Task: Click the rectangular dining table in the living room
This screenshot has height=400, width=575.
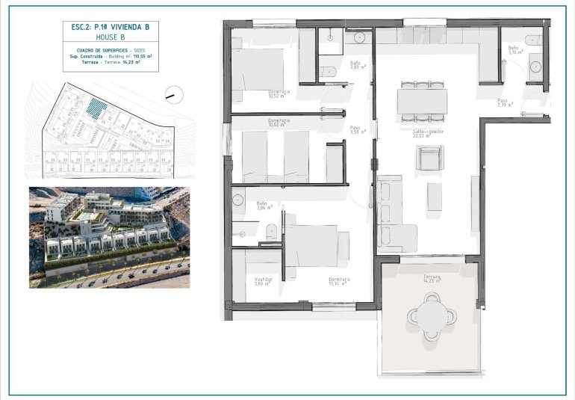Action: pyautogui.click(x=422, y=101)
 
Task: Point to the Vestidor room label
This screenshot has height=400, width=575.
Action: pyautogui.click(x=264, y=281)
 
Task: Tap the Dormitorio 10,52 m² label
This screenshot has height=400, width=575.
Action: pyautogui.click(x=279, y=94)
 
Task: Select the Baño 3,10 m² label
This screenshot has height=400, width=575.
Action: pyautogui.click(x=515, y=51)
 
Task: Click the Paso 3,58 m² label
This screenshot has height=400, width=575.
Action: pyautogui.click(x=356, y=130)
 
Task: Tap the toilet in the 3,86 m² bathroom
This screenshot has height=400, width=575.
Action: pyautogui.click(x=272, y=233)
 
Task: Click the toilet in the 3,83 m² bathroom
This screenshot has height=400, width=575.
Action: pyautogui.click(x=328, y=72)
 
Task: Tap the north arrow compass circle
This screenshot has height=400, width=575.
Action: pyautogui.click(x=173, y=95)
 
